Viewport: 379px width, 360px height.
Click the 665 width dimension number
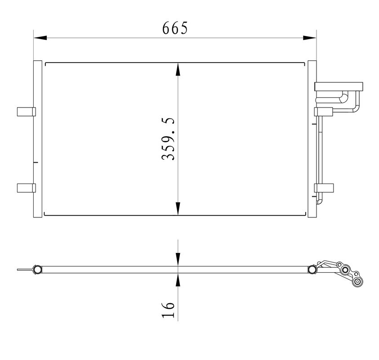(x=175, y=28)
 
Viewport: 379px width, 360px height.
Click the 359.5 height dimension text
(x=168, y=139)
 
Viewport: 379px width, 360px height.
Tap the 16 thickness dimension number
(x=168, y=310)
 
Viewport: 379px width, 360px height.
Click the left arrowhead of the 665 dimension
(x=40, y=38)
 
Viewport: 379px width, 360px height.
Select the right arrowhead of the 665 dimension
(x=309, y=38)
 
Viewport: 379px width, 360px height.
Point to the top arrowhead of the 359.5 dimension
(x=178, y=69)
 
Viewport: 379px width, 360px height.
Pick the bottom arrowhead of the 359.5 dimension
(x=178, y=208)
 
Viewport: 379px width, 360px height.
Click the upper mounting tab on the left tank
(x=27, y=112)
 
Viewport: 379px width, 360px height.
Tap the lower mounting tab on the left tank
(x=27, y=188)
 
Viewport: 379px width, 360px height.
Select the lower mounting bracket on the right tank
(x=324, y=188)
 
